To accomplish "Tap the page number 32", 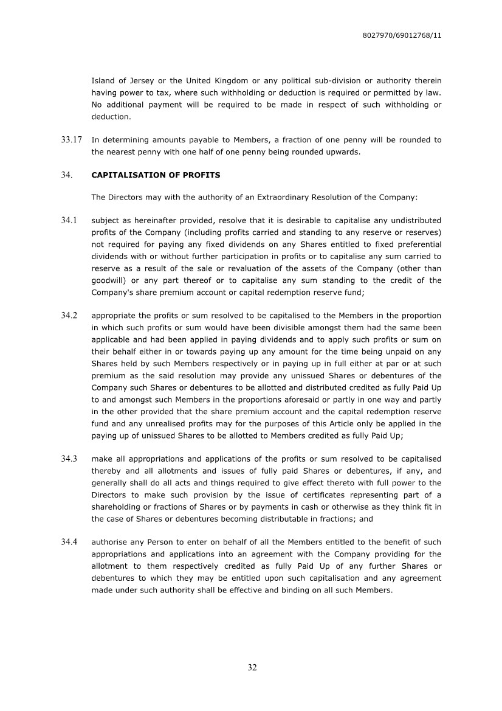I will coord(252,667).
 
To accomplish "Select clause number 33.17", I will coord(71,140).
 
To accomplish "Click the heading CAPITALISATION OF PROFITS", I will coord(156,175).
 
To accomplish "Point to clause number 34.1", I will coord(69,220).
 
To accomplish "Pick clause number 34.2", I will coord(69,316).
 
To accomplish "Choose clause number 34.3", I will coord(69,459).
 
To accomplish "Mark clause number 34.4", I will coord(69,542).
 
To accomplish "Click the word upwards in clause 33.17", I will coord(343,152).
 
